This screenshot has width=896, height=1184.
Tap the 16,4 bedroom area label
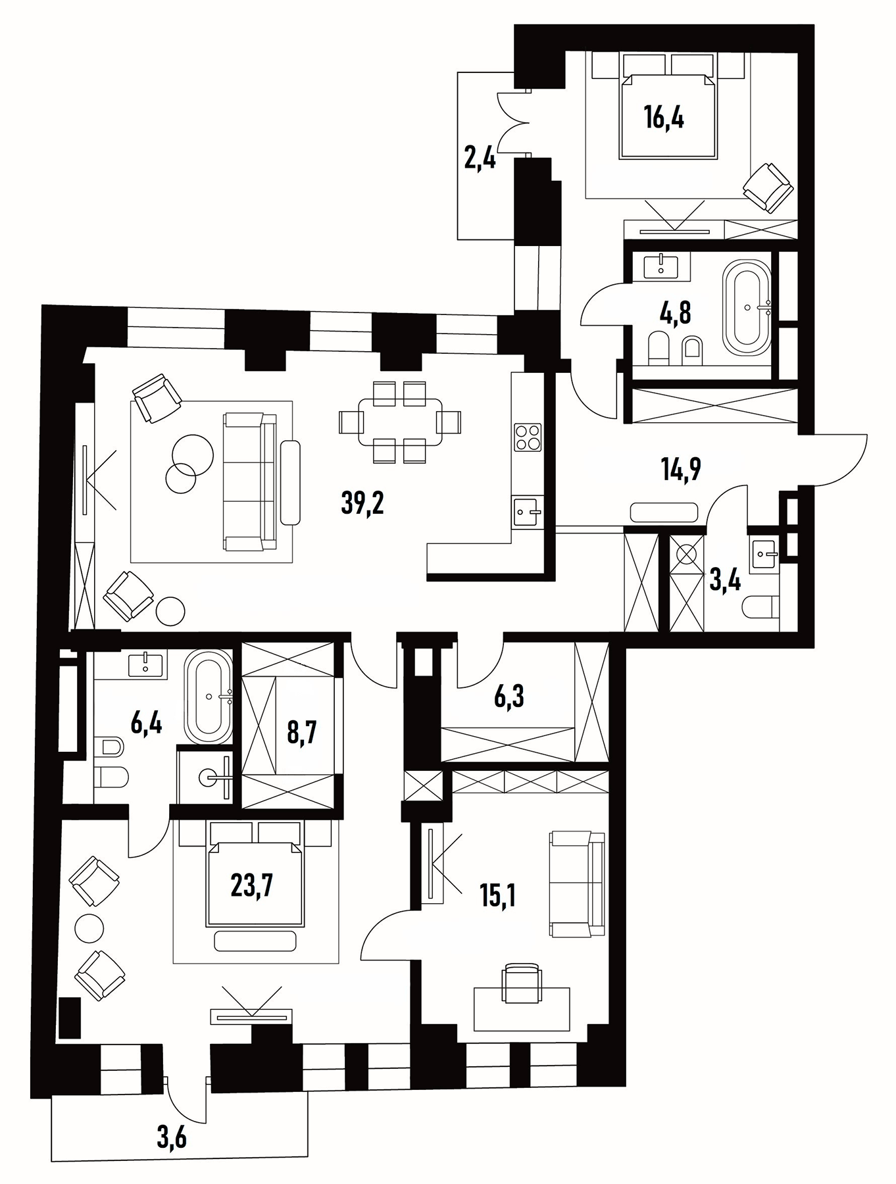pyautogui.click(x=664, y=119)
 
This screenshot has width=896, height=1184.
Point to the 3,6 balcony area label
pyautogui.click(x=172, y=1137)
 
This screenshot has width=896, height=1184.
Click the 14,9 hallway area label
pyautogui.click(x=680, y=469)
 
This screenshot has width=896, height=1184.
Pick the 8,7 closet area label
pyautogui.click(x=302, y=732)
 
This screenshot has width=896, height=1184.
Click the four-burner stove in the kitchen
pyautogui.click(x=528, y=437)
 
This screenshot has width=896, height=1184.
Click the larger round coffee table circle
pyautogui.click(x=192, y=455)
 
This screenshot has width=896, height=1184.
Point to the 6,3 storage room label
pyautogui.click(x=509, y=697)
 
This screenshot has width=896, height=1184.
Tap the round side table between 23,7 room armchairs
pyautogui.click(x=89, y=928)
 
